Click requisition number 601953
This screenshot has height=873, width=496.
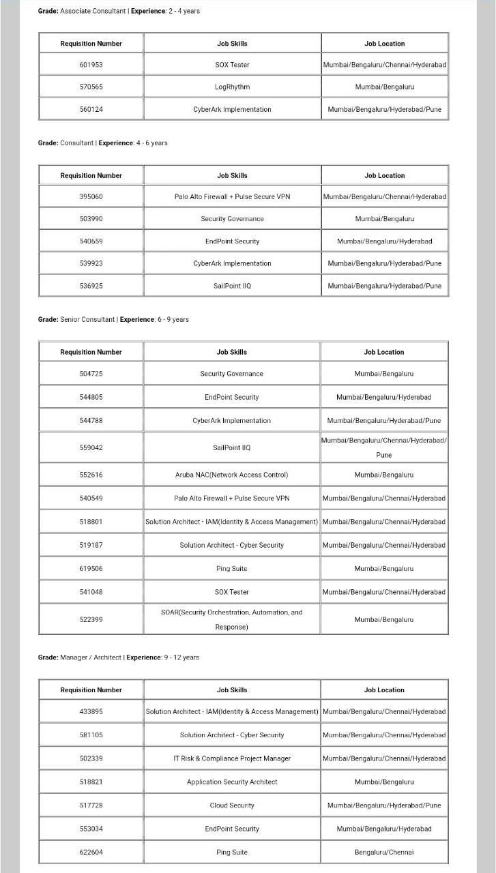click(x=91, y=65)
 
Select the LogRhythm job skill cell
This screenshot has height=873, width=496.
click(x=232, y=87)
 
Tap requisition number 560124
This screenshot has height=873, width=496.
click(x=91, y=109)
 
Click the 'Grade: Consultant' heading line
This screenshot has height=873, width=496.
click(x=102, y=143)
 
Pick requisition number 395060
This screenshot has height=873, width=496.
click(x=91, y=196)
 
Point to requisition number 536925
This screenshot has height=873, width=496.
click(x=91, y=286)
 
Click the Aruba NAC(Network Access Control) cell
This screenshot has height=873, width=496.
click(x=231, y=475)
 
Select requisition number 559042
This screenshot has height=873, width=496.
click(x=91, y=447)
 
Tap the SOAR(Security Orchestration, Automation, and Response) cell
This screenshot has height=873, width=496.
click(x=231, y=619)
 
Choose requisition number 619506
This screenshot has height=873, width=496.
click(x=91, y=569)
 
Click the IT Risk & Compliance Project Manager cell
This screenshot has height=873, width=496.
click(x=232, y=758)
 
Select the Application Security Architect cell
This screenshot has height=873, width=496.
click(x=232, y=782)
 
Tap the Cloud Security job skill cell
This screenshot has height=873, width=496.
click(x=232, y=805)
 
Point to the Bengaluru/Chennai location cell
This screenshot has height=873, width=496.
click(x=384, y=852)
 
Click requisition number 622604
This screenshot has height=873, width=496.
click(x=91, y=852)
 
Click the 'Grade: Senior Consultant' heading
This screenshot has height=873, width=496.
click(x=113, y=319)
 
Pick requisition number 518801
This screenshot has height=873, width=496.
click(x=91, y=522)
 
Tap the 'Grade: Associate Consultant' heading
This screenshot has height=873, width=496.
click(x=119, y=11)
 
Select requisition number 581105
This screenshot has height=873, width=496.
click(x=91, y=735)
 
